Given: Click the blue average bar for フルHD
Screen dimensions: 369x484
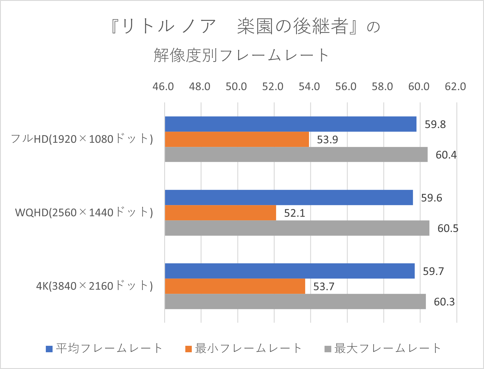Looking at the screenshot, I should pyautogui.click(x=290, y=124).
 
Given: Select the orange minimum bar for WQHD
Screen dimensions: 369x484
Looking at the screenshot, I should pyautogui.click(x=220, y=213).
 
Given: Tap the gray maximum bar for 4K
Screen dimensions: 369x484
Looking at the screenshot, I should pyautogui.click(x=295, y=301).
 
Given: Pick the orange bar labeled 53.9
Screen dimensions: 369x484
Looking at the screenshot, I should pyautogui.click(x=237, y=139).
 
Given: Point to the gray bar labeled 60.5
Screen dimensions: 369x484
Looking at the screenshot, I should pyautogui.click(x=297, y=228).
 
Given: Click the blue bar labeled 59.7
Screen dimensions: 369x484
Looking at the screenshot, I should pyautogui.click(x=290, y=271).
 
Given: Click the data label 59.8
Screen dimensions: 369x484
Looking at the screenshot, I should pyautogui.click(x=435, y=125).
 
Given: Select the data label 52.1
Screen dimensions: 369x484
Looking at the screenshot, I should pyautogui.click(x=294, y=213).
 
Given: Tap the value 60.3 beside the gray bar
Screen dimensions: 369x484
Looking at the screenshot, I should pyautogui.click(x=444, y=302).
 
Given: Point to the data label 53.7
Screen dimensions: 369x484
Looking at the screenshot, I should pyautogui.click(x=324, y=286).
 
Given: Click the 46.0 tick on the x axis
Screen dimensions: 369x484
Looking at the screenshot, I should pyautogui.click(x=163, y=87).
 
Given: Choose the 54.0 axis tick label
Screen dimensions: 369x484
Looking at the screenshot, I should pyautogui.click(x=309, y=87).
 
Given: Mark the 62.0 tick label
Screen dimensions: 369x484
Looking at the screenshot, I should pyautogui.click(x=455, y=87).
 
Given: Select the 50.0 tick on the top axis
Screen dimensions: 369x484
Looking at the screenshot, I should pyautogui.click(x=236, y=87).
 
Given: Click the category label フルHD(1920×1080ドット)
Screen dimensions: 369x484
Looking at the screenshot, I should pyautogui.click(x=82, y=139).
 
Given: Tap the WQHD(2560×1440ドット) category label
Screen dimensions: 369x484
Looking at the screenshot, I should pyautogui.click(x=84, y=212).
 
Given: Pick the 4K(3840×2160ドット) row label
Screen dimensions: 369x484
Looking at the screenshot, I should pyautogui.click(x=94, y=286).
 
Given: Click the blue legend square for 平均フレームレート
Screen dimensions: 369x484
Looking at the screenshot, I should pyautogui.click(x=49, y=349).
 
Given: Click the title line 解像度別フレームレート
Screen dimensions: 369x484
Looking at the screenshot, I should pyautogui.click(x=241, y=55).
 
